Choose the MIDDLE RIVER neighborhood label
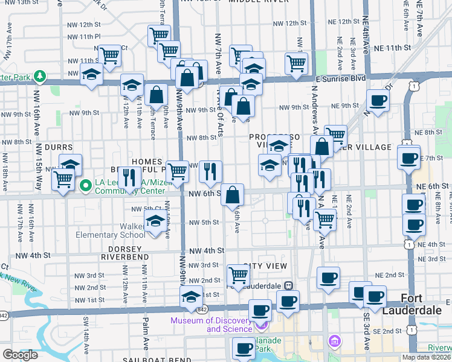[262, 2]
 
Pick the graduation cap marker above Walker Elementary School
[155, 221]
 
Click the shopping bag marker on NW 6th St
[232, 195]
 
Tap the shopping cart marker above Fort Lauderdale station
[239, 275]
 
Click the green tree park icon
[40, 76]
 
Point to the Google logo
[20, 355]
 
